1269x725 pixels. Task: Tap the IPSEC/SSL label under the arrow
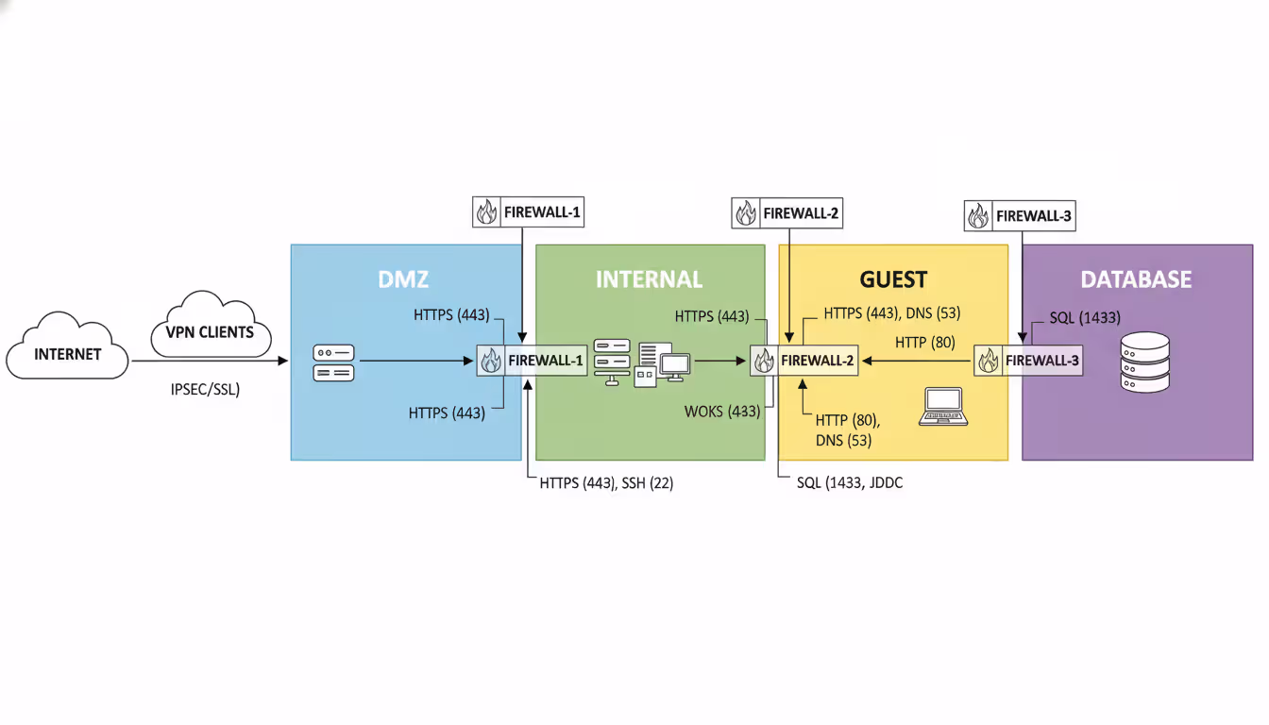(x=198, y=388)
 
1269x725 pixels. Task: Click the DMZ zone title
(x=405, y=279)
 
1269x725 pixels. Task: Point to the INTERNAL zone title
(x=649, y=279)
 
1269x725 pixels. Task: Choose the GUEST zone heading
(x=892, y=279)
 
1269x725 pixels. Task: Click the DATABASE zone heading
(x=1136, y=279)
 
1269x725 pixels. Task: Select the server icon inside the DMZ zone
(x=333, y=362)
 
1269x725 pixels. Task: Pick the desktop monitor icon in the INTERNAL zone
(x=675, y=365)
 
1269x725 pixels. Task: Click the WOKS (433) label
(x=722, y=412)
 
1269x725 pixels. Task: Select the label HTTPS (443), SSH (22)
(x=606, y=482)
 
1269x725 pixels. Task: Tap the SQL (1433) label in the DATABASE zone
(x=1085, y=318)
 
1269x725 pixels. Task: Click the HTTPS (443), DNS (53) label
(x=891, y=312)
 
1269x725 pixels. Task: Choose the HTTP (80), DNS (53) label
(x=846, y=430)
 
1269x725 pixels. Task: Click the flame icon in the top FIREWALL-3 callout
(x=977, y=216)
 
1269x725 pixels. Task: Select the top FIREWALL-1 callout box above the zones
(x=528, y=212)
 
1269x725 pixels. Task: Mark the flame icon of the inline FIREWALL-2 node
(x=764, y=361)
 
